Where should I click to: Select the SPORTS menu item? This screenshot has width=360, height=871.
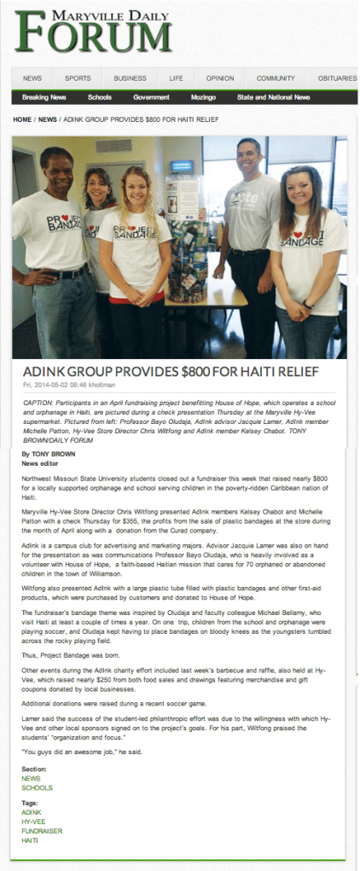click(x=78, y=78)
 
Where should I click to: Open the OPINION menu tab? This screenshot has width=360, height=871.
click(x=219, y=78)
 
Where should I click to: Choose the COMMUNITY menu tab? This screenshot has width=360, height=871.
click(x=276, y=78)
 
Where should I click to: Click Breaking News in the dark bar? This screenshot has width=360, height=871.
click(x=44, y=97)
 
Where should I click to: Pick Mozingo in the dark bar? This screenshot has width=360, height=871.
click(x=203, y=97)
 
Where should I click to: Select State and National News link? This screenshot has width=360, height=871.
click(x=273, y=97)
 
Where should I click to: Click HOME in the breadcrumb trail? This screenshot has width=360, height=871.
click(x=22, y=119)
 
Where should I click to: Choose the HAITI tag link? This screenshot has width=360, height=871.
click(x=31, y=840)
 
